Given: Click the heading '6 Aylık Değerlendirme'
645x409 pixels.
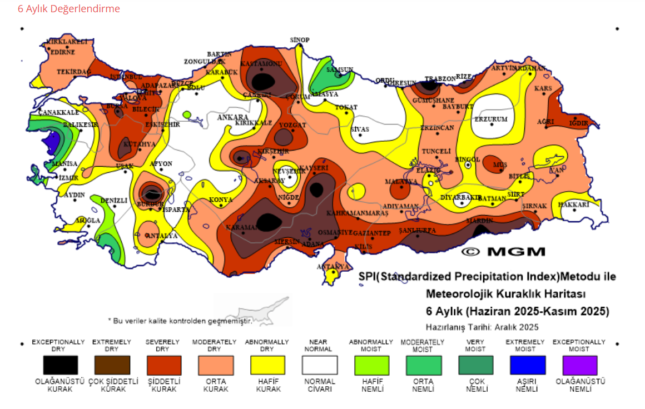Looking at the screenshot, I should tap(69, 9).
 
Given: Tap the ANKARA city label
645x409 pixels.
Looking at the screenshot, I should tap(232, 117).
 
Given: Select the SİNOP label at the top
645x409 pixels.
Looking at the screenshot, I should tap(300, 40).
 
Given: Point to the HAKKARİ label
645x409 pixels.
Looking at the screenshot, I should tap(573, 205).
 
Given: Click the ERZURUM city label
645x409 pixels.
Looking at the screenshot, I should tap(491, 119).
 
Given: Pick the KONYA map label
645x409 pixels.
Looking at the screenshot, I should tap(220, 199).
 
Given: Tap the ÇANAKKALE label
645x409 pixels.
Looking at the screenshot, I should tap(58, 112).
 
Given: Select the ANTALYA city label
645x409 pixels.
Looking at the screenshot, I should tap(161, 236).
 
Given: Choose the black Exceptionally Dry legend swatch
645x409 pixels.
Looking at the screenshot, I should tap(61, 365).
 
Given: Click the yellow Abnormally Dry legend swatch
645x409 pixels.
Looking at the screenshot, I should tap(267, 365).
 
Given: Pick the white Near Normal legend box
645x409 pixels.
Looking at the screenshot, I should tap(320, 365).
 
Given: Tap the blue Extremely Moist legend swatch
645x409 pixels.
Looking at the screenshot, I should tap(528, 365).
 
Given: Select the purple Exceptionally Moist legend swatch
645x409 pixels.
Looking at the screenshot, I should tap(579, 365).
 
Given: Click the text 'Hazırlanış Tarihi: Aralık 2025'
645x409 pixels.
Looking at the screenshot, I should tap(482, 327).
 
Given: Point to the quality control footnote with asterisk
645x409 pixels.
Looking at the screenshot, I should tap(180, 321).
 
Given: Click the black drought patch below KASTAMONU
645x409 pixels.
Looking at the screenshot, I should tap(262, 81).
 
